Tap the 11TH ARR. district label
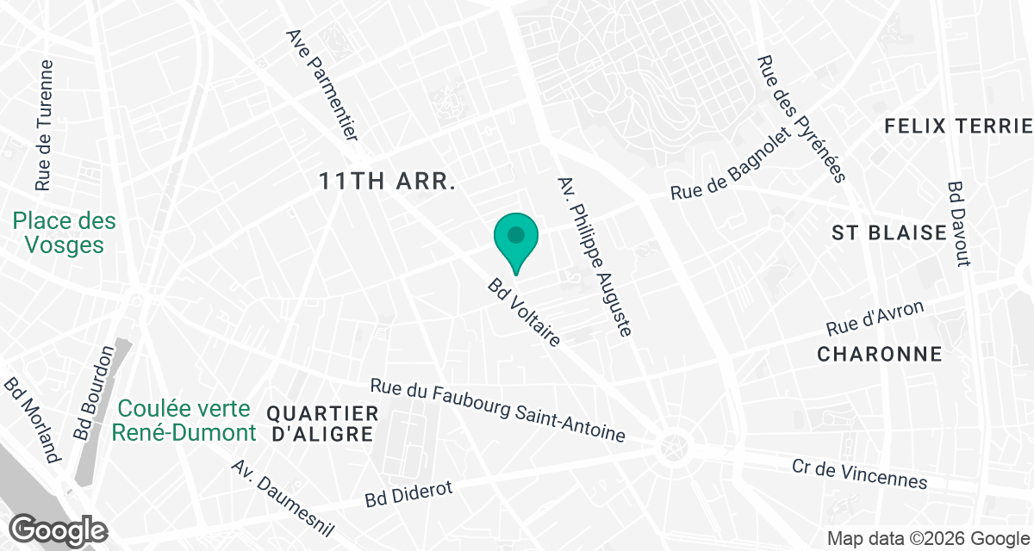tap(386, 182)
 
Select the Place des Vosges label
tap(65, 233)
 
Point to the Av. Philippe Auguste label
tap(596, 256)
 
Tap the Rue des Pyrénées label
tap(801, 119)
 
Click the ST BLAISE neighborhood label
tap(889, 232)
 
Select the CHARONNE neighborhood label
tap(879, 354)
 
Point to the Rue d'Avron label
tap(875, 319)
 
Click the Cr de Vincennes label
tap(859, 474)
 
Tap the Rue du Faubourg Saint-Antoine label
tap(497, 411)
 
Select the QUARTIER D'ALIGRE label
tap(322, 424)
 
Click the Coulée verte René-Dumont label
tap(184, 420)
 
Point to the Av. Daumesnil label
tap(281, 497)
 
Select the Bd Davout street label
tap(958, 223)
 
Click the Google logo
tap(59, 530)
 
